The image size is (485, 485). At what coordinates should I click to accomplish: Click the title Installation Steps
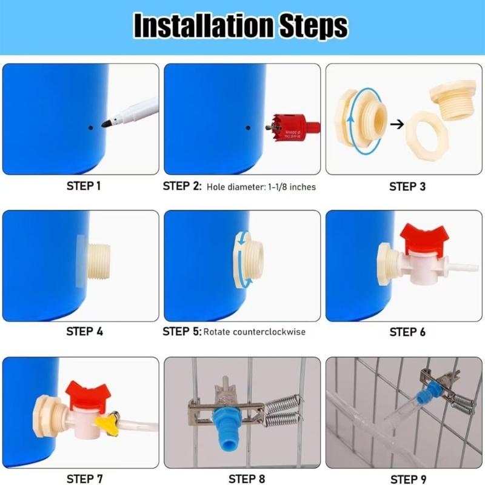[x=241, y=26]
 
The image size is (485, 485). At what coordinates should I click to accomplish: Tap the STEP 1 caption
[x=84, y=186]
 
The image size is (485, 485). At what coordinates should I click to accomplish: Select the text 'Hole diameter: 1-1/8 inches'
[x=261, y=187]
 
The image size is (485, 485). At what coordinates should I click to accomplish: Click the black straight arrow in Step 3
[x=396, y=124]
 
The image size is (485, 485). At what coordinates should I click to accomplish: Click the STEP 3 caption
[x=407, y=187]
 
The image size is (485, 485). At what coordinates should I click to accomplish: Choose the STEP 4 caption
[x=84, y=332]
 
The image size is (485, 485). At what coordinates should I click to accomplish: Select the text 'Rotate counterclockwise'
[x=255, y=332]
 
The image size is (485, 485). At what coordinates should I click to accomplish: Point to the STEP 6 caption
[x=407, y=332]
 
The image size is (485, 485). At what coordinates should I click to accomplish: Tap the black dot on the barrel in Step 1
[x=90, y=128]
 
